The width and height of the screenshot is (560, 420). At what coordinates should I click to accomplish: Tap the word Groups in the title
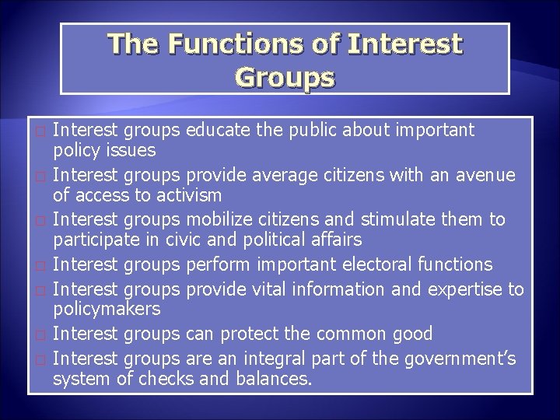[284, 78]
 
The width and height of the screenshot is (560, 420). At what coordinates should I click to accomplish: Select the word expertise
[464, 290]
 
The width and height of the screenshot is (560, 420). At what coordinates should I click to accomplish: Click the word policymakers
[107, 310]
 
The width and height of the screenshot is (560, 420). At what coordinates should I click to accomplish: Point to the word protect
[251, 334]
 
